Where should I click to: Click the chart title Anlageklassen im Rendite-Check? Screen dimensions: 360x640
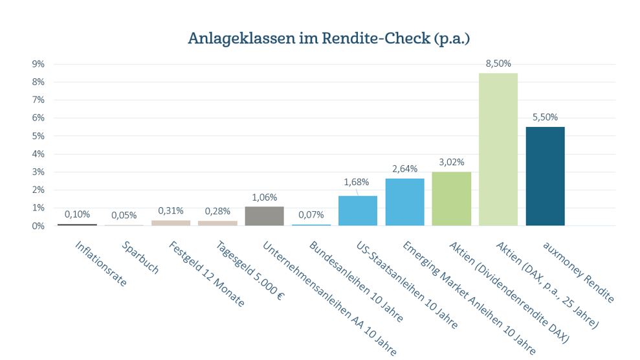tap(329, 38)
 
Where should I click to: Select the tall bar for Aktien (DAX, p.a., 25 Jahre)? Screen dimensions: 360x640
tap(498, 149)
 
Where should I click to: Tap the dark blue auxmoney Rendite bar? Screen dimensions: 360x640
tap(545, 176)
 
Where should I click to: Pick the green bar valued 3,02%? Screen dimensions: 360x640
tap(451, 198)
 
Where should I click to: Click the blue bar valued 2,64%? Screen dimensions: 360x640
tap(404, 202)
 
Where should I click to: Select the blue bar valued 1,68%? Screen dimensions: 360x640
tap(358, 210)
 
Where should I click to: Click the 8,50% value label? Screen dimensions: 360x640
tap(499, 63)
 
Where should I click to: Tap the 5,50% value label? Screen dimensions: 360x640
tap(545, 117)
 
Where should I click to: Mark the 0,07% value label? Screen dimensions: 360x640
tap(311, 214)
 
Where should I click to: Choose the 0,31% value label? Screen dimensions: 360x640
tap(171, 210)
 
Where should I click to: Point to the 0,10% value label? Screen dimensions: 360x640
tap(77, 214)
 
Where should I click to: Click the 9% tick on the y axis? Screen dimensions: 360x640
tap(38, 64)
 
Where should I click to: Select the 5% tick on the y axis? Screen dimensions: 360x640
tap(38, 136)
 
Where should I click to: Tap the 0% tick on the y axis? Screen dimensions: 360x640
tap(38, 226)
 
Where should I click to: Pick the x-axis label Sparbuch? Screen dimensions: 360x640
tap(140, 258)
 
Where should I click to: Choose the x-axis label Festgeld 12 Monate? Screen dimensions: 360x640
tap(206, 274)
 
